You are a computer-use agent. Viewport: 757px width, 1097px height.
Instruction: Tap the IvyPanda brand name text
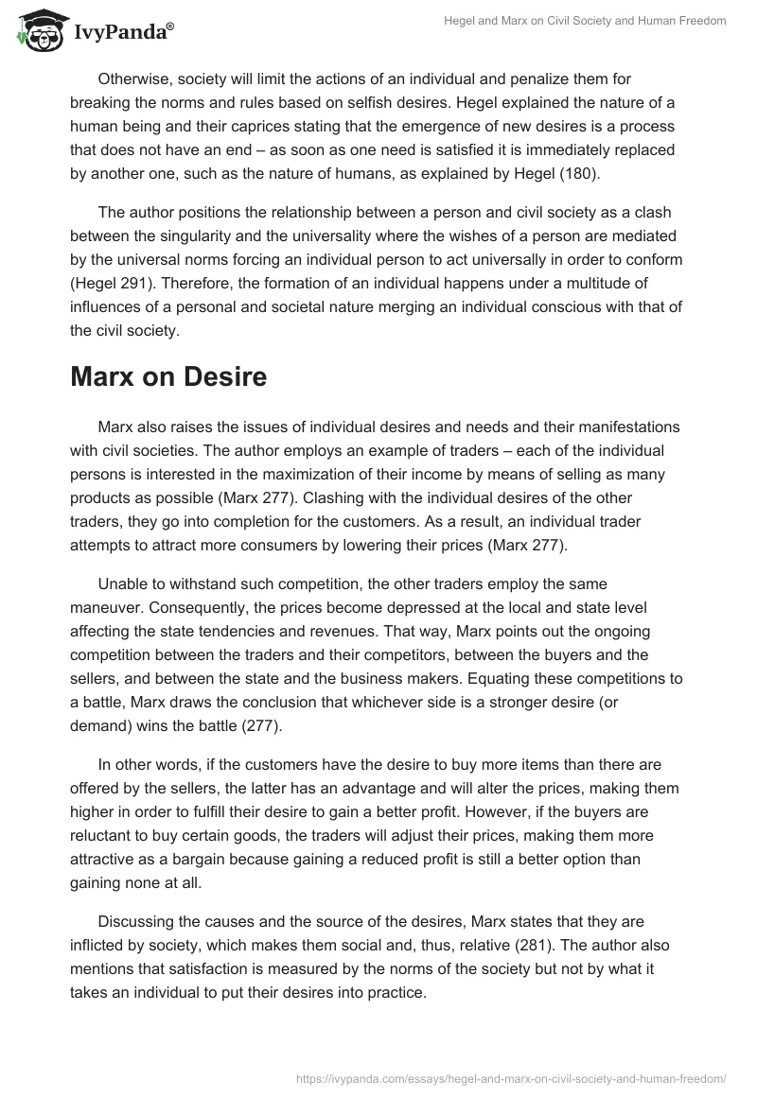[122, 33]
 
